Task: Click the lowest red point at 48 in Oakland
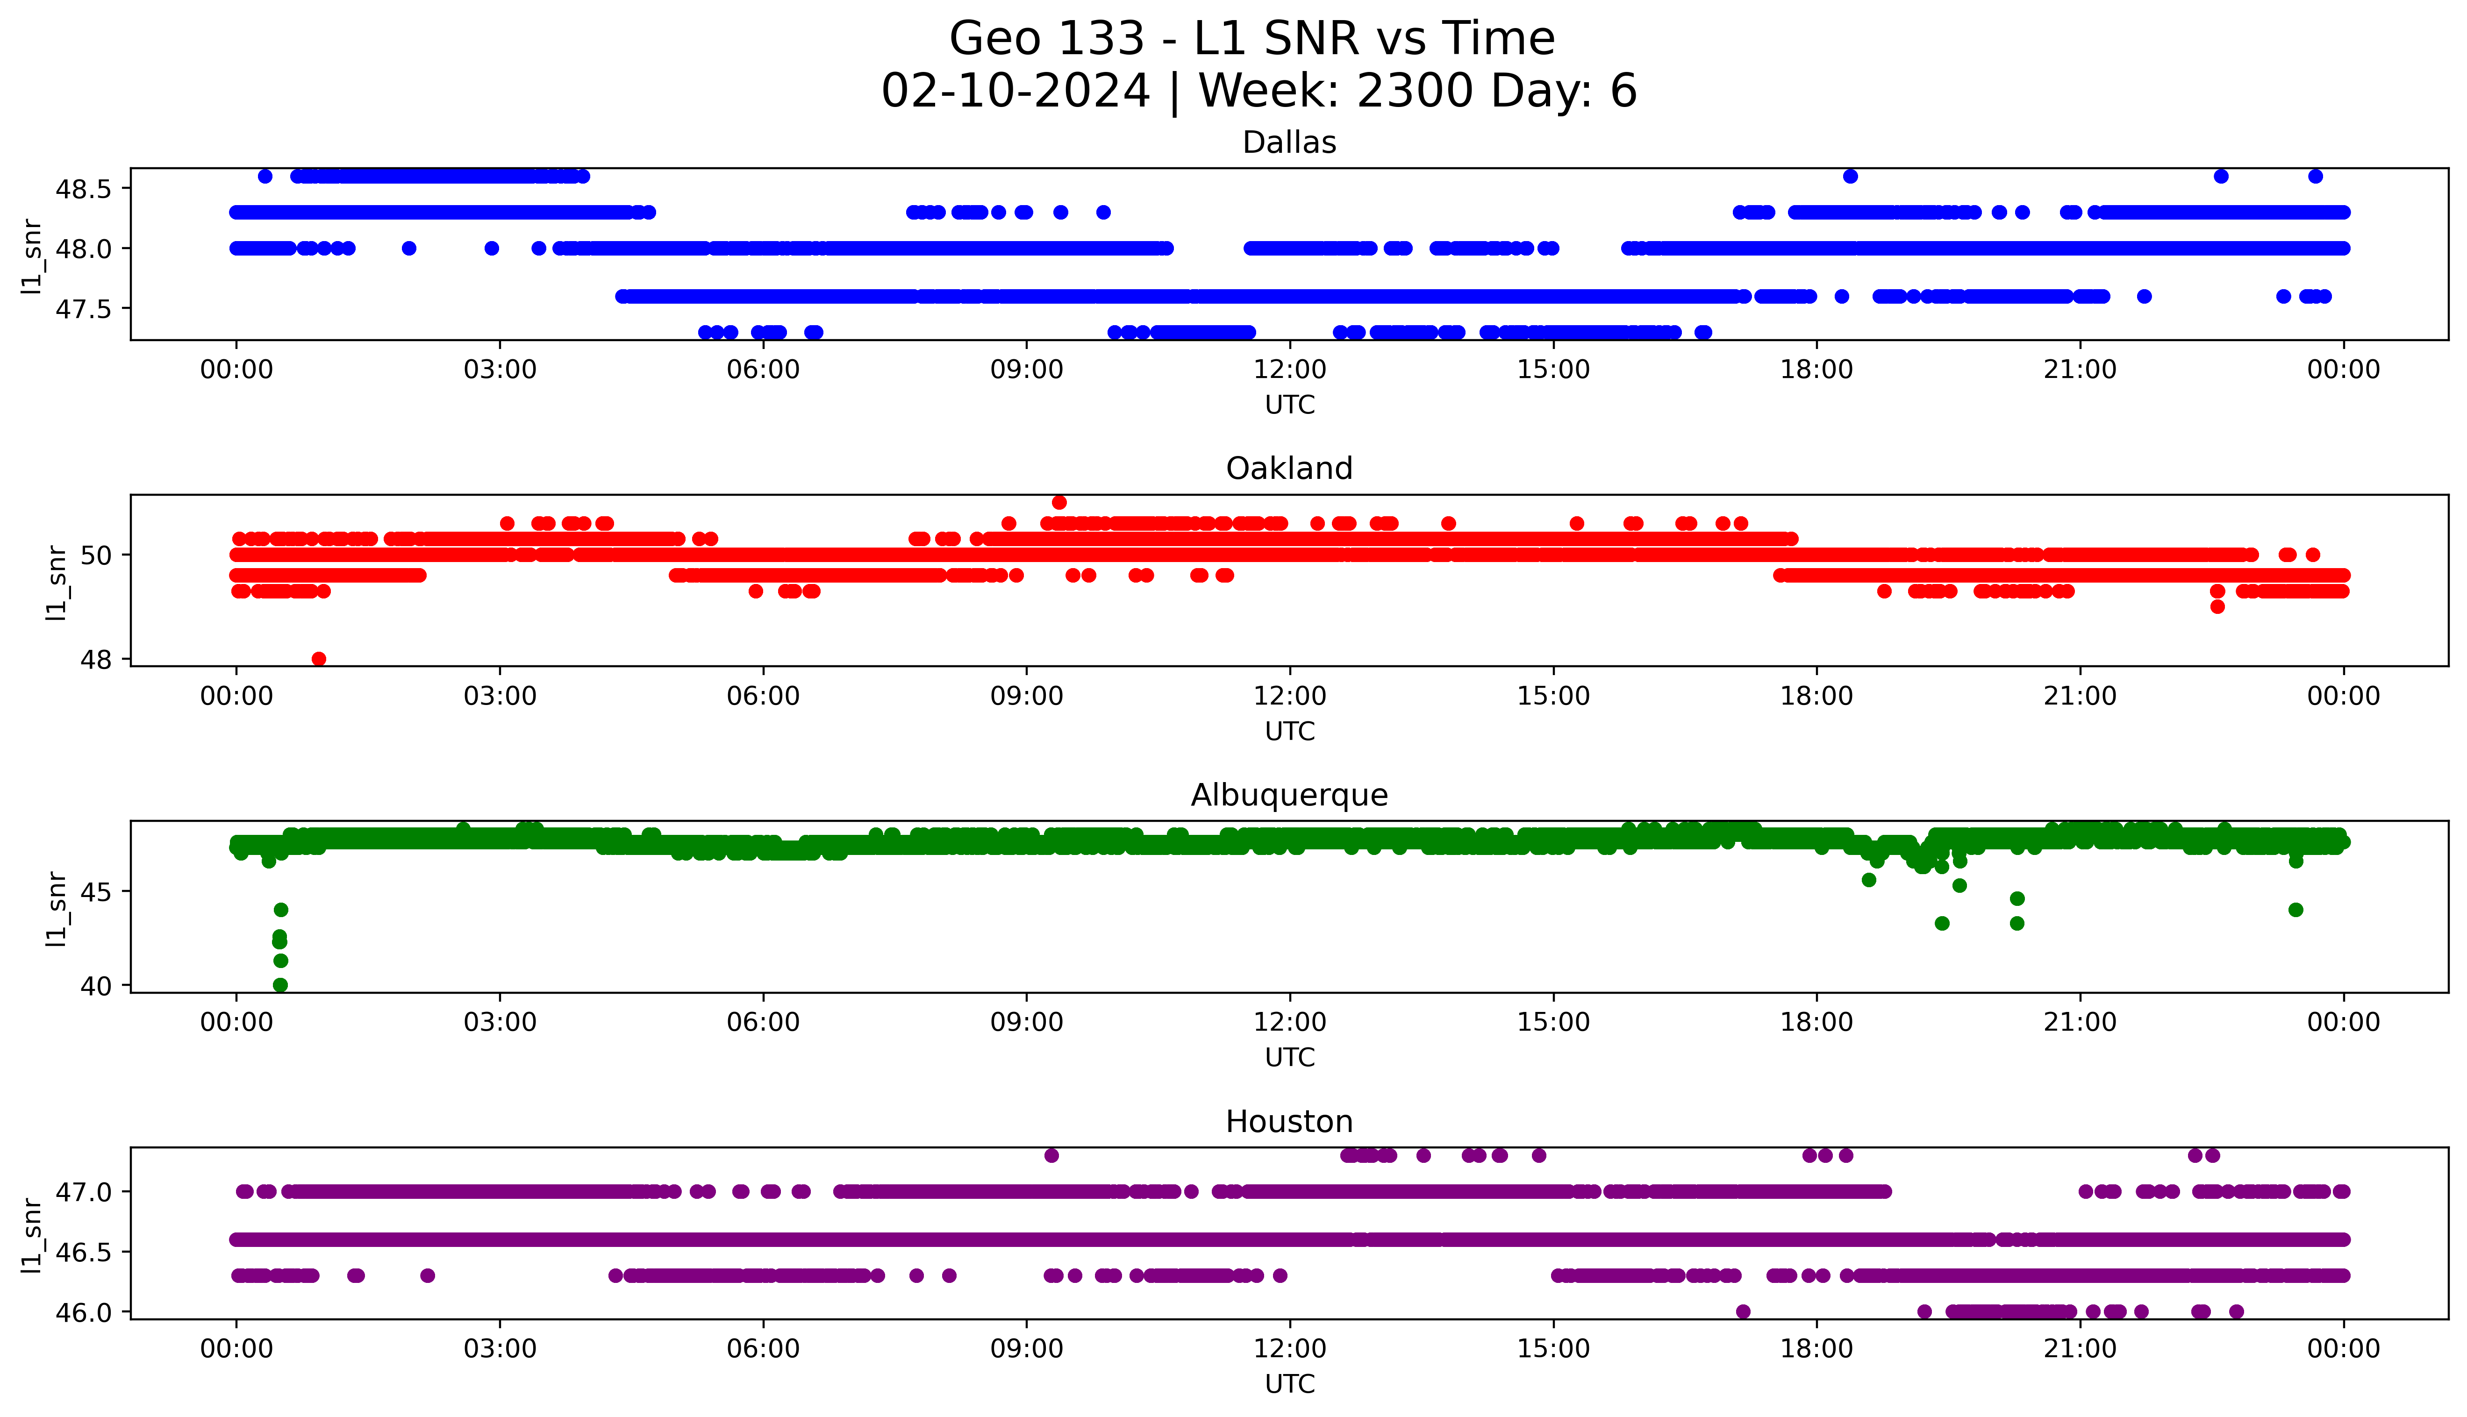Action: pyautogui.click(x=318, y=659)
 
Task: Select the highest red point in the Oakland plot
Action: pyautogui.click(x=1059, y=502)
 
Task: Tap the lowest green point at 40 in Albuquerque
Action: pyautogui.click(x=280, y=985)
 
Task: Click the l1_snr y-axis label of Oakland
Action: pyautogui.click(x=57, y=582)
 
